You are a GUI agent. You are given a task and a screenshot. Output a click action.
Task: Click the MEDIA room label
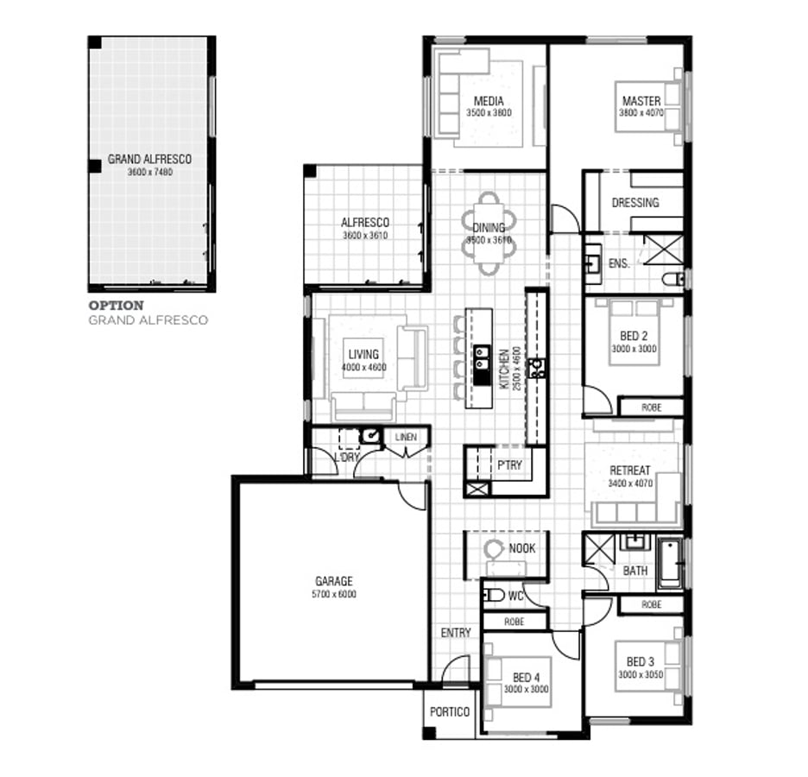click(489, 101)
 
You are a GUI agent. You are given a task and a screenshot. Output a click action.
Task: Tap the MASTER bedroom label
click(641, 101)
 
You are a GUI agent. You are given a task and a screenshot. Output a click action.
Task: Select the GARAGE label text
click(333, 582)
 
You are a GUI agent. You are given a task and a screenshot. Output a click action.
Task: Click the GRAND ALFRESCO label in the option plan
click(149, 160)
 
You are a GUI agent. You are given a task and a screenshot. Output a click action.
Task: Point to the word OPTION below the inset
click(117, 306)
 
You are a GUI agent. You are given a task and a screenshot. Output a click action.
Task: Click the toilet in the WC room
click(493, 595)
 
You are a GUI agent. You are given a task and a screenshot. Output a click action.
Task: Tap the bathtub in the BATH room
click(670, 563)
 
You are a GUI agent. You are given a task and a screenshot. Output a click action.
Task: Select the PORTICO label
click(450, 712)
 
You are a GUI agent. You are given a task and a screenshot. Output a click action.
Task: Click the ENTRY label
click(456, 633)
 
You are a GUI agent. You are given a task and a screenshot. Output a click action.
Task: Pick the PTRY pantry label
click(509, 465)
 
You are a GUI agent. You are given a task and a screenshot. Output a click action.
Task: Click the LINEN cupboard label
click(406, 438)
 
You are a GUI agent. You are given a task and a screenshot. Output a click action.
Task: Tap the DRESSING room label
click(634, 203)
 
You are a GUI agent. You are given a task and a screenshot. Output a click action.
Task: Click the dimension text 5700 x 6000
click(333, 595)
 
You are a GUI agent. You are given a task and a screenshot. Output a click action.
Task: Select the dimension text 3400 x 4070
click(630, 483)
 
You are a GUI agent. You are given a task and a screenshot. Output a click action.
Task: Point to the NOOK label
click(521, 548)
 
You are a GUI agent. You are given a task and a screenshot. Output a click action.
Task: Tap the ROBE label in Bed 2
click(652, 407)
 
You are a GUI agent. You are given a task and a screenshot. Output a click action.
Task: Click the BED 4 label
click(527, 678)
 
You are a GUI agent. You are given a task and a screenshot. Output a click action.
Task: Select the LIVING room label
click(363, 355)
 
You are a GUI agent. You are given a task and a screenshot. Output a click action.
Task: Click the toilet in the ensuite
click(672, 279)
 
